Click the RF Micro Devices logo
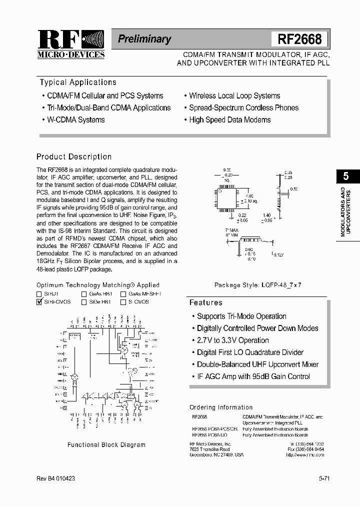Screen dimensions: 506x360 (71, 44)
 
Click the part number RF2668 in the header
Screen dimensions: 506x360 (299, 39)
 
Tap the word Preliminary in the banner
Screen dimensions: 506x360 (144, 39)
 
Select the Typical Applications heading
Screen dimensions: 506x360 (78, 82)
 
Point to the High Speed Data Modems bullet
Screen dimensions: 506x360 (229, 120)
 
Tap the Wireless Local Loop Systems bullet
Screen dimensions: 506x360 (234, 96)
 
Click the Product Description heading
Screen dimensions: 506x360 (74, 157)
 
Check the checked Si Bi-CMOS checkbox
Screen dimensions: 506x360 (39, 302)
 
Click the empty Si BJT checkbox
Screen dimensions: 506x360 (39, 294)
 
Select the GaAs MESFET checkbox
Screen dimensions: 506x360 (123, 294)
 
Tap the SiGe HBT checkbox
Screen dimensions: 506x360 (84, 302)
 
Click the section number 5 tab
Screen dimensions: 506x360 (346, 175)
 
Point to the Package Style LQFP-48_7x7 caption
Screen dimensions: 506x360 (258, 285)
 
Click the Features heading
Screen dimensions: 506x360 (205, 303)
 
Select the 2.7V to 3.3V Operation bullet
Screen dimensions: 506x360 (232, 340)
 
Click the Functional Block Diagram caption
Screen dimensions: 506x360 (106, 444)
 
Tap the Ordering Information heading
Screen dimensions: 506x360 (221, 407)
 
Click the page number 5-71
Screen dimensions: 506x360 (324, 479)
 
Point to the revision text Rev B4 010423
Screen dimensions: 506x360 (56, 479)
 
